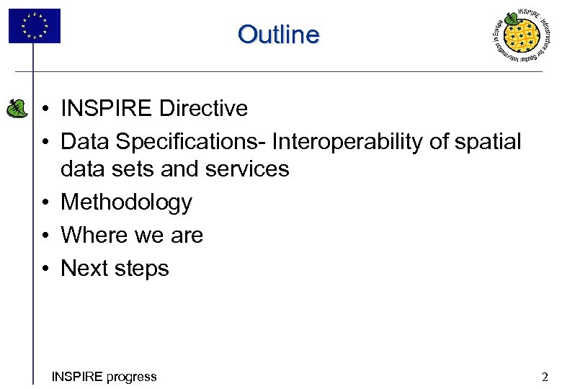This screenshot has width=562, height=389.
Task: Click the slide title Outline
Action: (278, 34)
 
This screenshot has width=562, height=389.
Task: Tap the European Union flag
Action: (35, 26)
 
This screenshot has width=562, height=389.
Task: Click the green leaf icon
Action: (15, 108)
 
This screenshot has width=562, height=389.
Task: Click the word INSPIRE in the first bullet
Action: (107, 109)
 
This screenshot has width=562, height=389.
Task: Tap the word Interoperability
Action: (347, 142)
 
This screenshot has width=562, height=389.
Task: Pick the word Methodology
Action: (126, 202)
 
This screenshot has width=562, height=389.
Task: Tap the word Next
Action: (86, 269)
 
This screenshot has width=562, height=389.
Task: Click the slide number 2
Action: (545, 376)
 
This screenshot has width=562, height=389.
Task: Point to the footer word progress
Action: (130, 376)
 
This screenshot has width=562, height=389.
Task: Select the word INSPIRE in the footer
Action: (77, 376)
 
